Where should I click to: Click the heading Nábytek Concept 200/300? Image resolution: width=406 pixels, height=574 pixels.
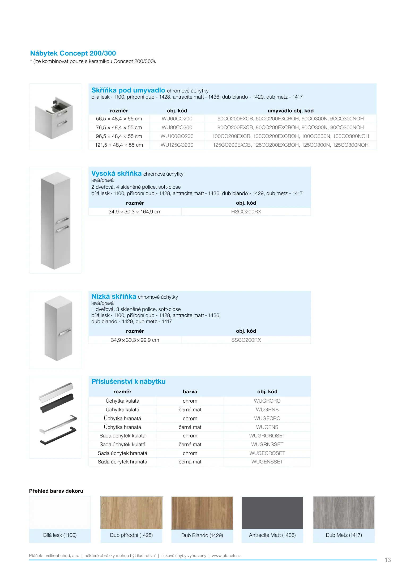[73, 53]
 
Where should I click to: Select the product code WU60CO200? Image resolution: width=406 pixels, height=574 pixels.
[177, 119]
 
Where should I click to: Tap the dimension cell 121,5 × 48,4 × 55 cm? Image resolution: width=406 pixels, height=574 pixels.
[119, 145]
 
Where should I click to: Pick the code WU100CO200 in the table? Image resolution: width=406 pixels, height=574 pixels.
[177, 136]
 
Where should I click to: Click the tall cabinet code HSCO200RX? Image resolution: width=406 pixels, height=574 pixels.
[246, 212]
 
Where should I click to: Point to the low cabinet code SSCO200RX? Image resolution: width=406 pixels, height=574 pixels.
[246, 340]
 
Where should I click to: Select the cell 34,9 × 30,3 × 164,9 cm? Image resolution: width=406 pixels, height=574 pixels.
[135, 212]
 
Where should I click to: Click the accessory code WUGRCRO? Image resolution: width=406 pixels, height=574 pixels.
[267, 401]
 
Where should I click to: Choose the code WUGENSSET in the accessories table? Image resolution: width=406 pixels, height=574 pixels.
[267, 462]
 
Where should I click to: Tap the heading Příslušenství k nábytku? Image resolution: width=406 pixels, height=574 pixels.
[129, 382]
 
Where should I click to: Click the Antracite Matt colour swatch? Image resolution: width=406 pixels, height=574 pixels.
[272, 513]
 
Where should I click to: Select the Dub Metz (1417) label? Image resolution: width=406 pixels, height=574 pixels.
[344, 535]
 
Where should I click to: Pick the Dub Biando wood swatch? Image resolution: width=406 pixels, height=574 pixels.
[202, 513]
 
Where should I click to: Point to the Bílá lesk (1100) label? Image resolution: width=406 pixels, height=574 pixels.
[60, 535]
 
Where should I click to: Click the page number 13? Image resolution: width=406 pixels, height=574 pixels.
[388, 560]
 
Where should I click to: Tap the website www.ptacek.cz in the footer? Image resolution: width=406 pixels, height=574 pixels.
[226, 556]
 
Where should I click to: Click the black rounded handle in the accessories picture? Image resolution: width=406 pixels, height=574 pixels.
[57, 403]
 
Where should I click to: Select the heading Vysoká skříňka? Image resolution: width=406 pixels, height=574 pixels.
[116, 174]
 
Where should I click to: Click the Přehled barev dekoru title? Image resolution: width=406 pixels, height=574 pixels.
[56, 491]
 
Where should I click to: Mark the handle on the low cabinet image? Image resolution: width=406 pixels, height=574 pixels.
[65, 332]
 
